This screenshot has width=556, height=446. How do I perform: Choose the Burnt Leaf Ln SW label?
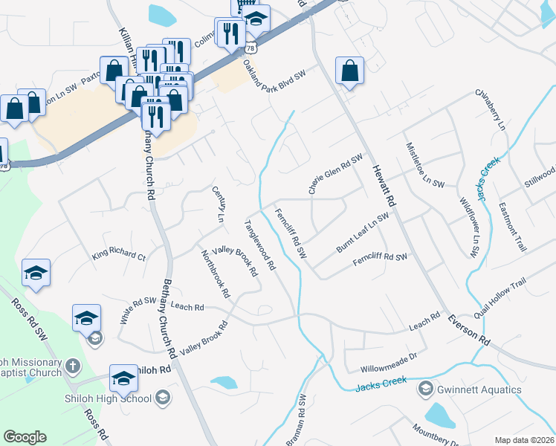tap(363, 233)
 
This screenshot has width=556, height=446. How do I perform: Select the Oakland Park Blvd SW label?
tap(275, 77)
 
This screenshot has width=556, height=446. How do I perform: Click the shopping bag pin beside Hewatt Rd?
tap(349, 71)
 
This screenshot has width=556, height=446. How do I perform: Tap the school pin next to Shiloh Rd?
tap(123, 378)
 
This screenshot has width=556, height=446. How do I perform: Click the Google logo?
tap(25, 438)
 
